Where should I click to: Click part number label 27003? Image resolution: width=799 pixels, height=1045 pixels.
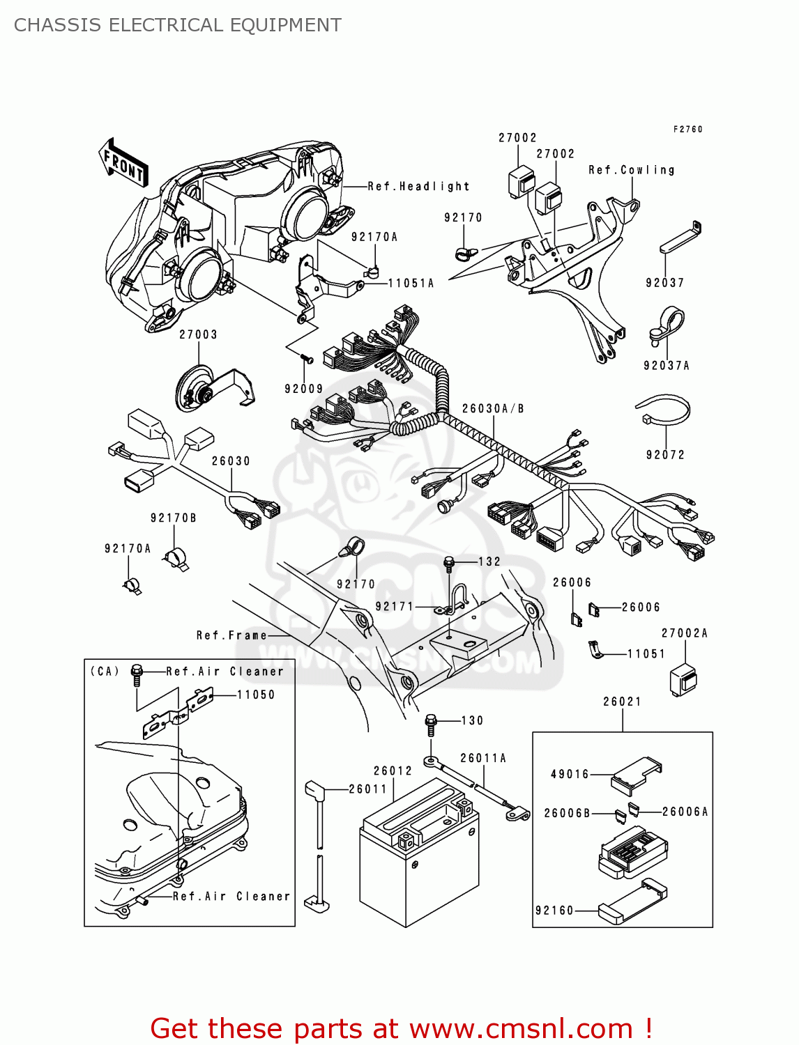(198, 334)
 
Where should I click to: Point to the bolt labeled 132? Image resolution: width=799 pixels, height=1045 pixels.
(450, 562)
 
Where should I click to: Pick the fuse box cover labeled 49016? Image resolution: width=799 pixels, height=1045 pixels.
(634, 775)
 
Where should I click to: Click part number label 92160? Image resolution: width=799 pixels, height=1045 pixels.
(554, 911)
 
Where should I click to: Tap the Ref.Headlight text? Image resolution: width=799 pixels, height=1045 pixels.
(418, 187)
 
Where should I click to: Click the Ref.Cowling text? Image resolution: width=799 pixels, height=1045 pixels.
(631, 170)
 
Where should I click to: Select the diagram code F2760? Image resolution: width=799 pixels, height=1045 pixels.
(687, 130)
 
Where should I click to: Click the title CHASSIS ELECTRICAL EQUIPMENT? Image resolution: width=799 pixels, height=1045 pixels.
(178, 25)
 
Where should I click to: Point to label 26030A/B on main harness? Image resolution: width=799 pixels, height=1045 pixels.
(492, 409)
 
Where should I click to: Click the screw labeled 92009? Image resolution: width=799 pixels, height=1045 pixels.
(306, 359)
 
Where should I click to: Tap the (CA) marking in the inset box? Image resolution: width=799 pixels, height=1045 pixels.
(105, 672)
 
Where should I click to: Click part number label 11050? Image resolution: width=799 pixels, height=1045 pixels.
(256, 695)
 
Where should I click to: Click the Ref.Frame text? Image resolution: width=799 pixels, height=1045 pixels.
(231, 635)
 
